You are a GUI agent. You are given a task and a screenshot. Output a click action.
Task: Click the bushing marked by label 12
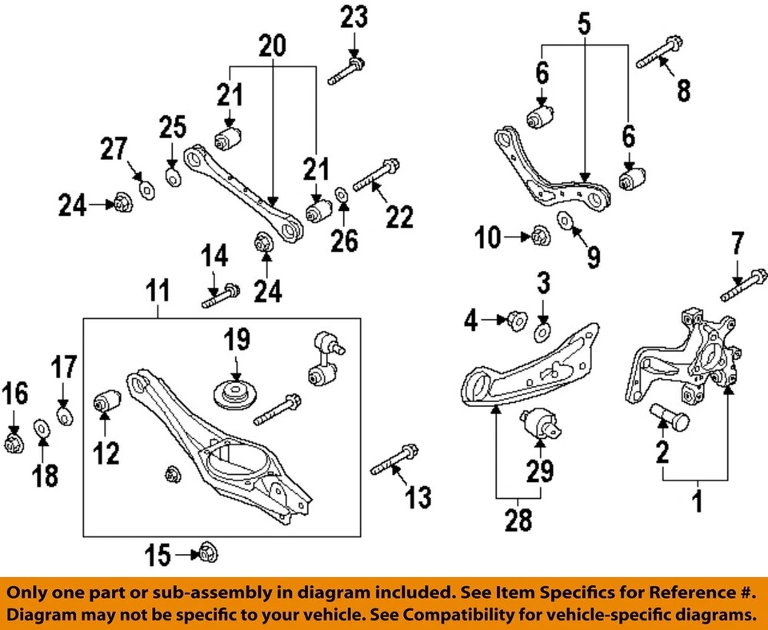106,400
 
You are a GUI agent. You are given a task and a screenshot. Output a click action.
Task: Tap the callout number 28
519,521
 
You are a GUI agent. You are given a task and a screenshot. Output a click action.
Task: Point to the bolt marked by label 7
744,286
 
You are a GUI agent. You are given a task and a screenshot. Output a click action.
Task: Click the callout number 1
696,503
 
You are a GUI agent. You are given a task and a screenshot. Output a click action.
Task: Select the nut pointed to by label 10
538,236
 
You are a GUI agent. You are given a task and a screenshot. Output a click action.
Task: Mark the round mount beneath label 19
236,396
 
